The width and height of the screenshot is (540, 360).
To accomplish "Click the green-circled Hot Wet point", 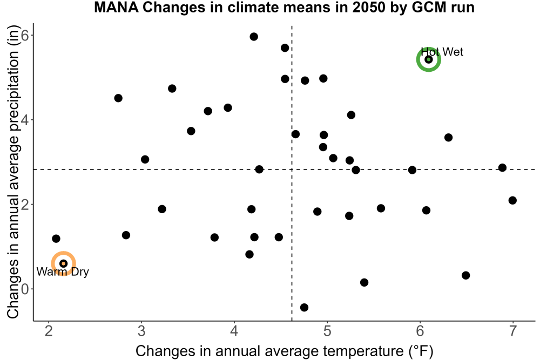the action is (428, 59).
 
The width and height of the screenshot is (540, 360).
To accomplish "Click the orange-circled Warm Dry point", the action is (63, 263).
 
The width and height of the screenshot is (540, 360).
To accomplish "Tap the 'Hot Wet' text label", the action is (442, 52).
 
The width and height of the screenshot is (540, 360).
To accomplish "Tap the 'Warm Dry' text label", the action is (63, 271).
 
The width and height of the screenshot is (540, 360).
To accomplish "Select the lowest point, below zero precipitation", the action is (304, 307).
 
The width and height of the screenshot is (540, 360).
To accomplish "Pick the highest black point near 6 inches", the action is (254, 37).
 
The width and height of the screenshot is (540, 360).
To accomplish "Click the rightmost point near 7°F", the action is (512, 200).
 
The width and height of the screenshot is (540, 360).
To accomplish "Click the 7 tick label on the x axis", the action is (513, 331).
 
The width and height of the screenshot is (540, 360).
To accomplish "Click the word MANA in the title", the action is (117, 7).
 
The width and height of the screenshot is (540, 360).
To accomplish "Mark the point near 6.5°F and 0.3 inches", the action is (465, 275).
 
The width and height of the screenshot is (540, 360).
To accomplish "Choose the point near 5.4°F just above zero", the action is (364, 283).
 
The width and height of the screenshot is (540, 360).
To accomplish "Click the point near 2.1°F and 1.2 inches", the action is (56, 239).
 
